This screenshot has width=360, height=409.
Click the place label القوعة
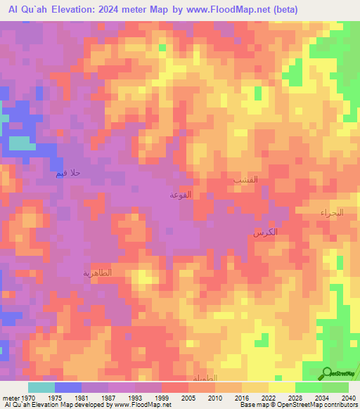pos(181,195)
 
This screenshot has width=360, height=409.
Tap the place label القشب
pos(245,180)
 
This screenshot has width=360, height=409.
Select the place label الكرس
pos(265,232)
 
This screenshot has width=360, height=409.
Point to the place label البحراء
pos(330,212)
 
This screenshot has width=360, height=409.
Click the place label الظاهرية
pos(98,273)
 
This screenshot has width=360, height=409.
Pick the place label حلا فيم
pos(69,173)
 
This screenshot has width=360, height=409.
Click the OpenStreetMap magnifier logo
pos(326,372)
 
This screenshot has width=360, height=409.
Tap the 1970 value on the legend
pos(28,398)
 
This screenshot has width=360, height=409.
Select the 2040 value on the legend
pos(348,398)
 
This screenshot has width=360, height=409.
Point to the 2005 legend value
pos(188,398)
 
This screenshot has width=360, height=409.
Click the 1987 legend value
pos(108,398)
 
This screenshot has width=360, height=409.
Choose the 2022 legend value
pos(268,398)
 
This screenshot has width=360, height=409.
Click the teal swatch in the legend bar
pos(41,387)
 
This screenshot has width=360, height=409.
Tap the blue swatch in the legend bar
pos(68,387)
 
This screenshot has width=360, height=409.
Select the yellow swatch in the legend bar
pos(282,387)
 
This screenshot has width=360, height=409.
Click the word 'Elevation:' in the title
pos(73,10)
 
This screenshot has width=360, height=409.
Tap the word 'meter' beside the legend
pos(9,398)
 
